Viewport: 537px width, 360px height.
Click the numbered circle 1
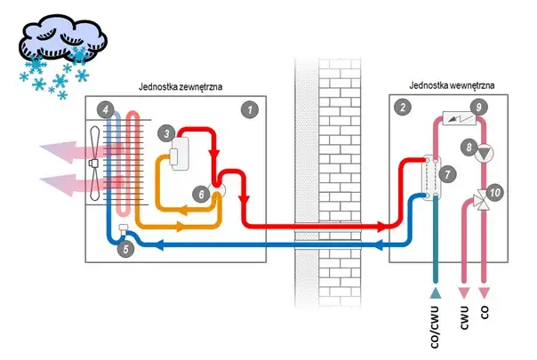tap(251, 109)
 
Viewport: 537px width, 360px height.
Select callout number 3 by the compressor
tap(165, 132)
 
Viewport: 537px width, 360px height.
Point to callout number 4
tap(108, 109)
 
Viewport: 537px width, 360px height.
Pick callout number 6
tap(203, 193)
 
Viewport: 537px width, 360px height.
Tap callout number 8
tap(469, 145)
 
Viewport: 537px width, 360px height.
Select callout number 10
tap(495, 191)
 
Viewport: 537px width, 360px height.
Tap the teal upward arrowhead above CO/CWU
tap(436, 293)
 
